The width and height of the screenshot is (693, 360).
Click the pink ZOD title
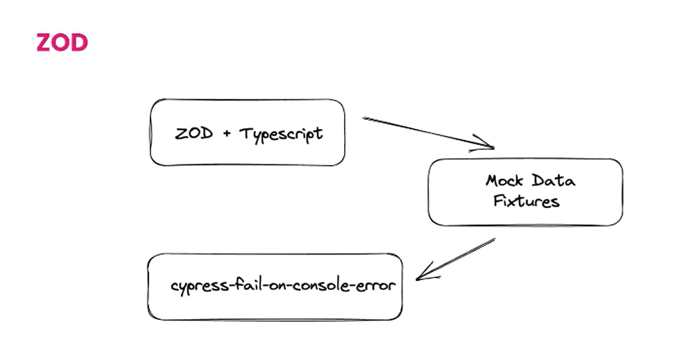pos(62,43)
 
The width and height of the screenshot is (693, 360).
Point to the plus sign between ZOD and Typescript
pos(227,134)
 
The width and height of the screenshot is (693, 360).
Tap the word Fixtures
pos(526,202)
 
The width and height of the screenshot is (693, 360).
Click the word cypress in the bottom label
pos(196,286)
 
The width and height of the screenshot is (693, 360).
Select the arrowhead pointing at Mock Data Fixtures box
pos(487,146)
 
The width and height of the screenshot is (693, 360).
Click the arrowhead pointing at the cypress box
pos(422,276)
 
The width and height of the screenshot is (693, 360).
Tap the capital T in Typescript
pos(244,133)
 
